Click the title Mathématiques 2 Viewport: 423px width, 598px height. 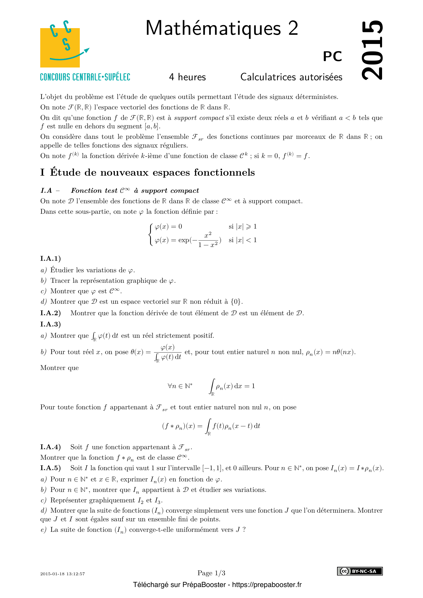(222, 28)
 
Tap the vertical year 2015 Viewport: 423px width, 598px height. (372, 50)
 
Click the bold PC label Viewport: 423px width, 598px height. (332, 56)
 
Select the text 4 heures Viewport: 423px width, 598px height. (187, 77)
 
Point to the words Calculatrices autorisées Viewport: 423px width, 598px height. (291, 77)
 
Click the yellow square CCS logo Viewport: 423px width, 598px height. (60, 48)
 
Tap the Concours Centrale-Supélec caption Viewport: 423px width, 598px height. (85, 77)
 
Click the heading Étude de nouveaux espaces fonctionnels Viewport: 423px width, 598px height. (152, 172)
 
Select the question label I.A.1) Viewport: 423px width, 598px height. (51, 258)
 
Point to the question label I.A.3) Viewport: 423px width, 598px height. (51, 324)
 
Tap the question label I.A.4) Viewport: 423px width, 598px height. (51, 447)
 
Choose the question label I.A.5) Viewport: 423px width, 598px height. (51, 468)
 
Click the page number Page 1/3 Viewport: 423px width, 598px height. (211, 573)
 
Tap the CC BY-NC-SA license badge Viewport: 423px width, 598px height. (360, 571)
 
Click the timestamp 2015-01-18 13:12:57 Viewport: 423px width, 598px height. (62, 574)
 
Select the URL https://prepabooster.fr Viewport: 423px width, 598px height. (267, 585)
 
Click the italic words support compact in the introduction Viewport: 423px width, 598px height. (199, 118)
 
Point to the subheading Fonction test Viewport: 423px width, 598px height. (94, 191)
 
